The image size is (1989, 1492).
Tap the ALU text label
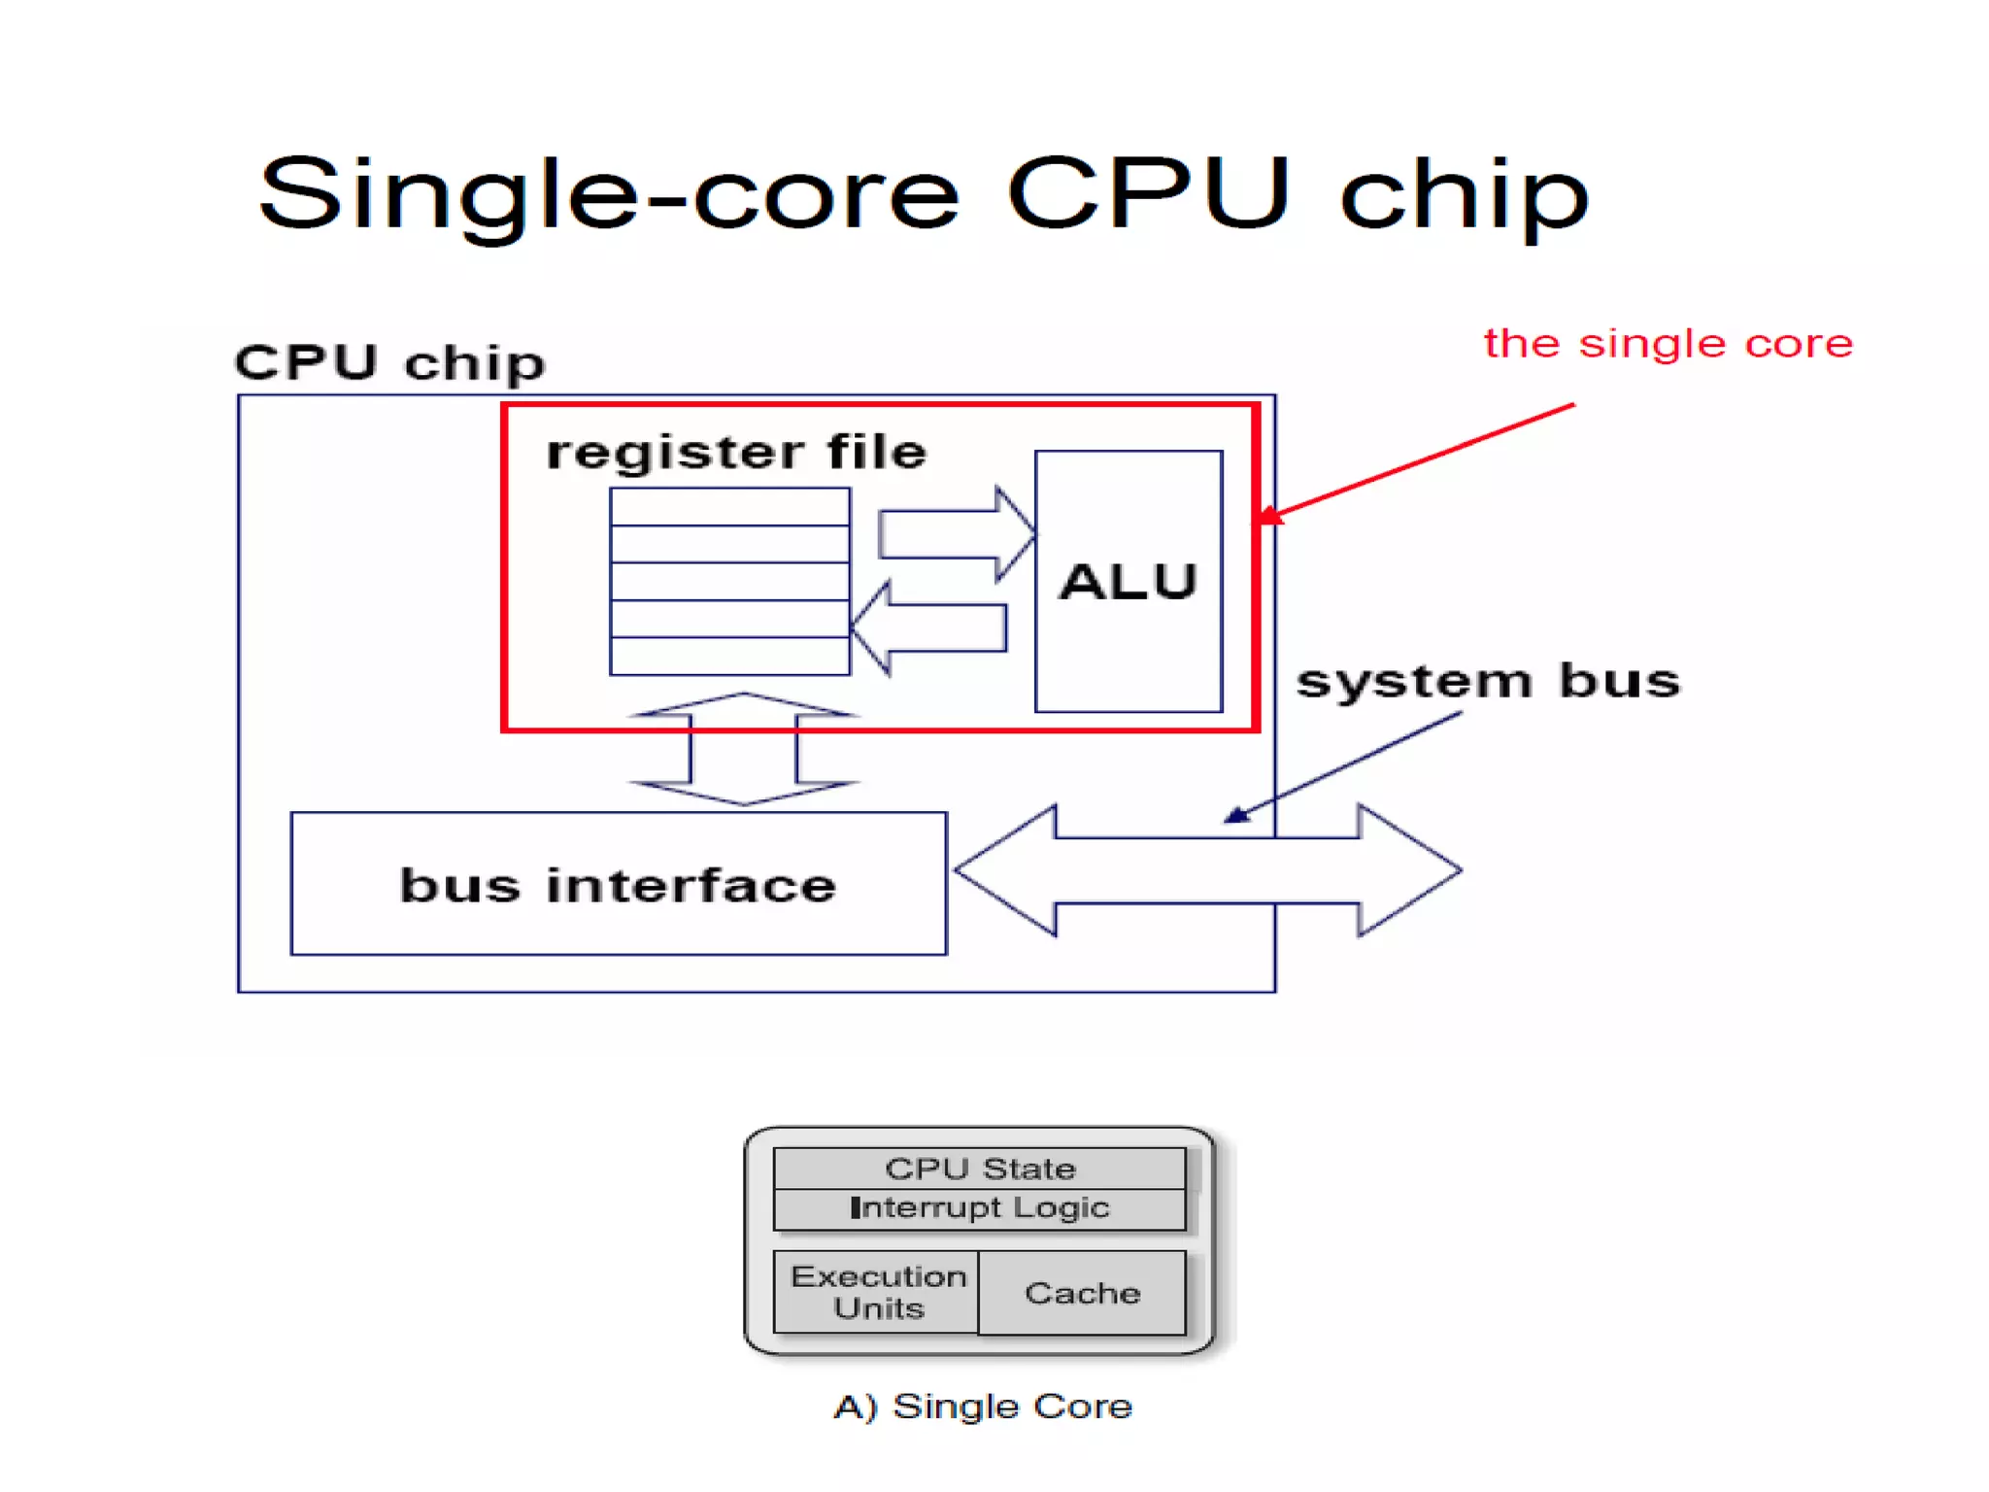1128,582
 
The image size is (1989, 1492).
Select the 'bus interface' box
618,884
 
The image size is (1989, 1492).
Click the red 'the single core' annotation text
1668,344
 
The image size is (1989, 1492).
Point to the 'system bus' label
1488,680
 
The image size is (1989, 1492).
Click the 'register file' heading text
736,453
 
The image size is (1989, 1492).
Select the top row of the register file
729,507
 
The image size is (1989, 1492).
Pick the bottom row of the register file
729,657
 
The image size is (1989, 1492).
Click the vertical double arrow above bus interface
743,749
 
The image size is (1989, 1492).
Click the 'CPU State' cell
979,1169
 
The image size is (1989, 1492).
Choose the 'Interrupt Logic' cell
979,1208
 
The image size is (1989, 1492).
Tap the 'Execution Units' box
877,1292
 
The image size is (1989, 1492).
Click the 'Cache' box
1082,1293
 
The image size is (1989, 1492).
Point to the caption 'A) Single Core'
983,1407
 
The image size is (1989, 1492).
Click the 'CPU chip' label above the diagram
389,363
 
